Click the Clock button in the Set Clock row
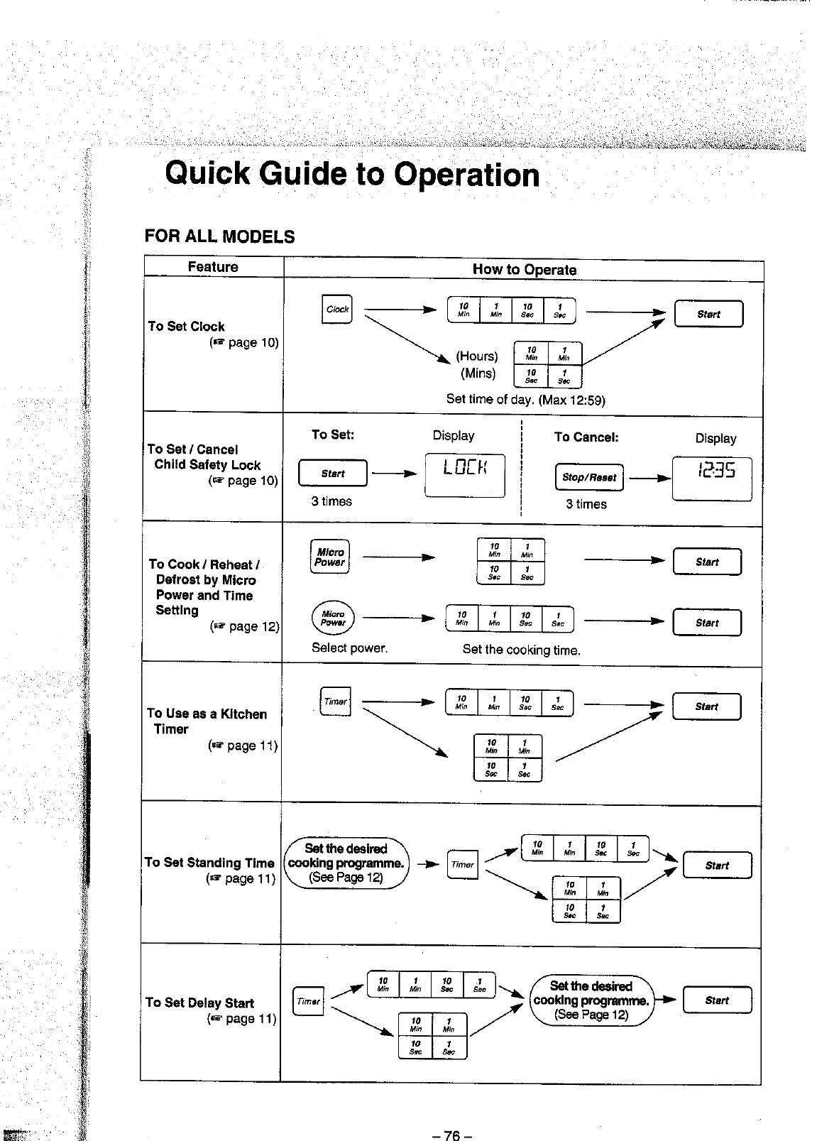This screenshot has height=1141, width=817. point(336,309)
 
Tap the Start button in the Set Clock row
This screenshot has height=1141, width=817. point(708,314)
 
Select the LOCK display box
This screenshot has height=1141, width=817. point(465,474)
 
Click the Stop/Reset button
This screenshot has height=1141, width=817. point(588,477)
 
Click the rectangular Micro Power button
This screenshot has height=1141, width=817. point(330,557)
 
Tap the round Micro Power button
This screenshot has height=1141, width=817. point(333,618)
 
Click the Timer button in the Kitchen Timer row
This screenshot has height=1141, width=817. point(335,701)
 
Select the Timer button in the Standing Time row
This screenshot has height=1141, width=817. point(463,864)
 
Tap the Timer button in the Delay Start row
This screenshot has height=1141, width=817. point(308,1001)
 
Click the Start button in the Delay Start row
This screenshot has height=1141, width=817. point(717,1000)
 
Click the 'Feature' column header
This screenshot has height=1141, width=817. point(213,267)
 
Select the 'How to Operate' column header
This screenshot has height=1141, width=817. point(524,270)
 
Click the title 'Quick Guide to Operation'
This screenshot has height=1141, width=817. point(352,174)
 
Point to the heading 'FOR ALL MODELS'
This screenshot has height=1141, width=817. point(219,236)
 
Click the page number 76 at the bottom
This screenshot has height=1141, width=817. point(452,1115)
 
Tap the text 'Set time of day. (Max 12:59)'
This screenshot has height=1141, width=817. point(525,399)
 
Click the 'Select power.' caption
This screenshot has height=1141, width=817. point(349,648)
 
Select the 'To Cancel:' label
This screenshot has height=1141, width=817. point(586,437)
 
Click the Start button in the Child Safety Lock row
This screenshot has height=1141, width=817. point(333,474)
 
